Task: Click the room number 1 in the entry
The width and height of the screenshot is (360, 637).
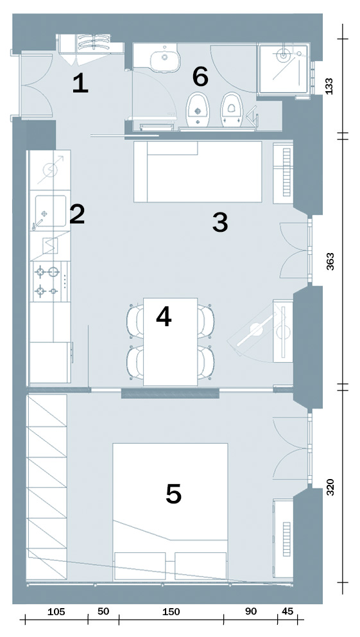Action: pyautogui.click(x=80, y=84)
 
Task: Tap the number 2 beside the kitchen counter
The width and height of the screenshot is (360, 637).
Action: pyautogui.click(x=76, y=215)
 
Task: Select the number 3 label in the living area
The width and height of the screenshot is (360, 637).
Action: pyautogui.click(x=220, y=223)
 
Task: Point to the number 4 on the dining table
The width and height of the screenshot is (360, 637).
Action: pyautogui.click(x=164, y=317)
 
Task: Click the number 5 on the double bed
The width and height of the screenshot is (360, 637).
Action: pyautogui.click(x=173, y=494)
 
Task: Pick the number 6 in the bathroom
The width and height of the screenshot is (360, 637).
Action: pyautogui.click(x=200, y=78)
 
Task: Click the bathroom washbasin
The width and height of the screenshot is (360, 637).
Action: pyautogui.click(x=165, y=58)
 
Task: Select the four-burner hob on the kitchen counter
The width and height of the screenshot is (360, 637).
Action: pyautogui.click(x=49, y=281)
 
